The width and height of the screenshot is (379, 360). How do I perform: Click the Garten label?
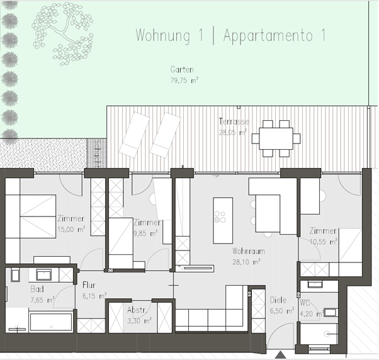[x=182, y=70]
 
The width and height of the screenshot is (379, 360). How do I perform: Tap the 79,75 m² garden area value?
[x=184, y=80]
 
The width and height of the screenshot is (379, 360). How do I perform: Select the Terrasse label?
[x=234, y=121]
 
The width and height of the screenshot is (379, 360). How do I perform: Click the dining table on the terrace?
[x=276, y=138]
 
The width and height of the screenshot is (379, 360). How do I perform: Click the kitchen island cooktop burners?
[x=220, y=217]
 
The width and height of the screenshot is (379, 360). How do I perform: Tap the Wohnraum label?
[x=249, y=251]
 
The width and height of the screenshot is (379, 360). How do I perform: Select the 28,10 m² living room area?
[x=247, y=262]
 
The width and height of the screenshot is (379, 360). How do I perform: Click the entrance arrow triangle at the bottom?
[x=280, y=355]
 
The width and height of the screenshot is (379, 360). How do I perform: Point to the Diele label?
[x=278, y=300]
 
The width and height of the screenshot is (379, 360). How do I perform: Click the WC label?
[x=305, y=303]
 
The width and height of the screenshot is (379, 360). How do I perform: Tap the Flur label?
[x=89, y=285]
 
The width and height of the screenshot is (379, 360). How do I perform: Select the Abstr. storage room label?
[x=137, y=310]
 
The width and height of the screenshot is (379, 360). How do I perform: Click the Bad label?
[x=37, y=289]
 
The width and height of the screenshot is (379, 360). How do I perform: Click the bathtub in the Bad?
[x=51, y=322]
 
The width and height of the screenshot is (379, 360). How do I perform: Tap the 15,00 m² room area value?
[x=71, y=229]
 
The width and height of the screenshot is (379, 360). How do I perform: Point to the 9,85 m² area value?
[x=145, y=233]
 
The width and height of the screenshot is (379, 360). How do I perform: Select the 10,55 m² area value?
[x=324, y=242]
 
